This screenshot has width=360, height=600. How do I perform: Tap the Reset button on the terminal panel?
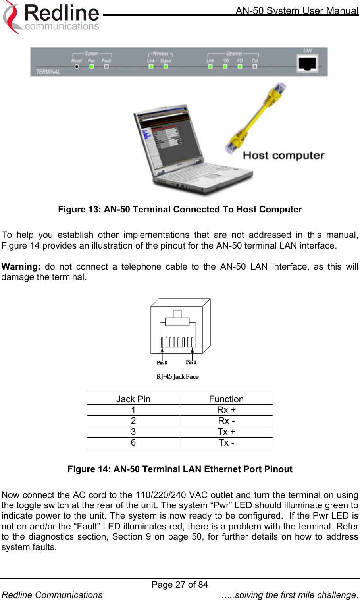pos(77,66)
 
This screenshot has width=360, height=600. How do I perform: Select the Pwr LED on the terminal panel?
pos(92,66)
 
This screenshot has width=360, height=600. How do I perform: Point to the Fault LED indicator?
pos(106,66)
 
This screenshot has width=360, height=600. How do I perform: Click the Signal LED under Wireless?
pos(166,66)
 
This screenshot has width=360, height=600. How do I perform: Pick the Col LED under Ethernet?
pos(255,66)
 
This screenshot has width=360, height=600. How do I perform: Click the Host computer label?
pos(283,155)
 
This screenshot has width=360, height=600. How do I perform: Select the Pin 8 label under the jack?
pos(162,363)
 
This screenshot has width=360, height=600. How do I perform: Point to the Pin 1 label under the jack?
pos(191,362)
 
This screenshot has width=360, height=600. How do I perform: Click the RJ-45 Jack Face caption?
pos(177,376)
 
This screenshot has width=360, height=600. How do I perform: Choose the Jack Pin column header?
pos(133,399)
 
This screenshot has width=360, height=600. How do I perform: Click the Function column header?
pos(226,399)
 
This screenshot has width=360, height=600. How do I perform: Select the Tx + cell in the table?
pos(226,432)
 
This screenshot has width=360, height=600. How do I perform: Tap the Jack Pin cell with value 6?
pos(133,443)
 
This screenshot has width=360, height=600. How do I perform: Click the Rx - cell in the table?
pos(226,421)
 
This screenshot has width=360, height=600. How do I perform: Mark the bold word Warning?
pos(21,266)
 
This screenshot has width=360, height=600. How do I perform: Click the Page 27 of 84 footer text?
pos(180,585)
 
